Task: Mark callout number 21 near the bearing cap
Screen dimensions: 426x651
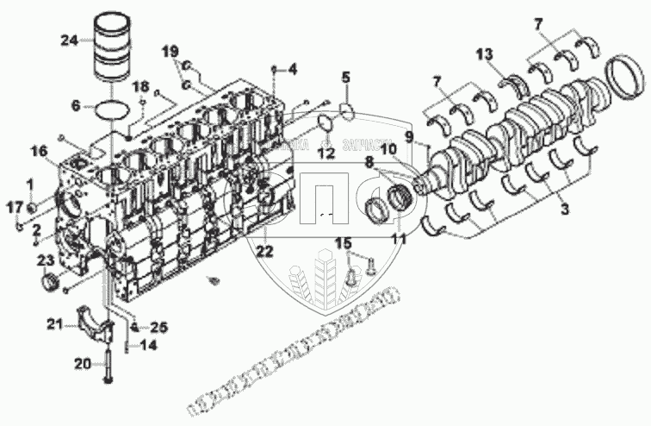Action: point(55,325)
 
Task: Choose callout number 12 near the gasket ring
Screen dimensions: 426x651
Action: point(325,153)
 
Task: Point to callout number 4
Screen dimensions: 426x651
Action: point(292,67)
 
